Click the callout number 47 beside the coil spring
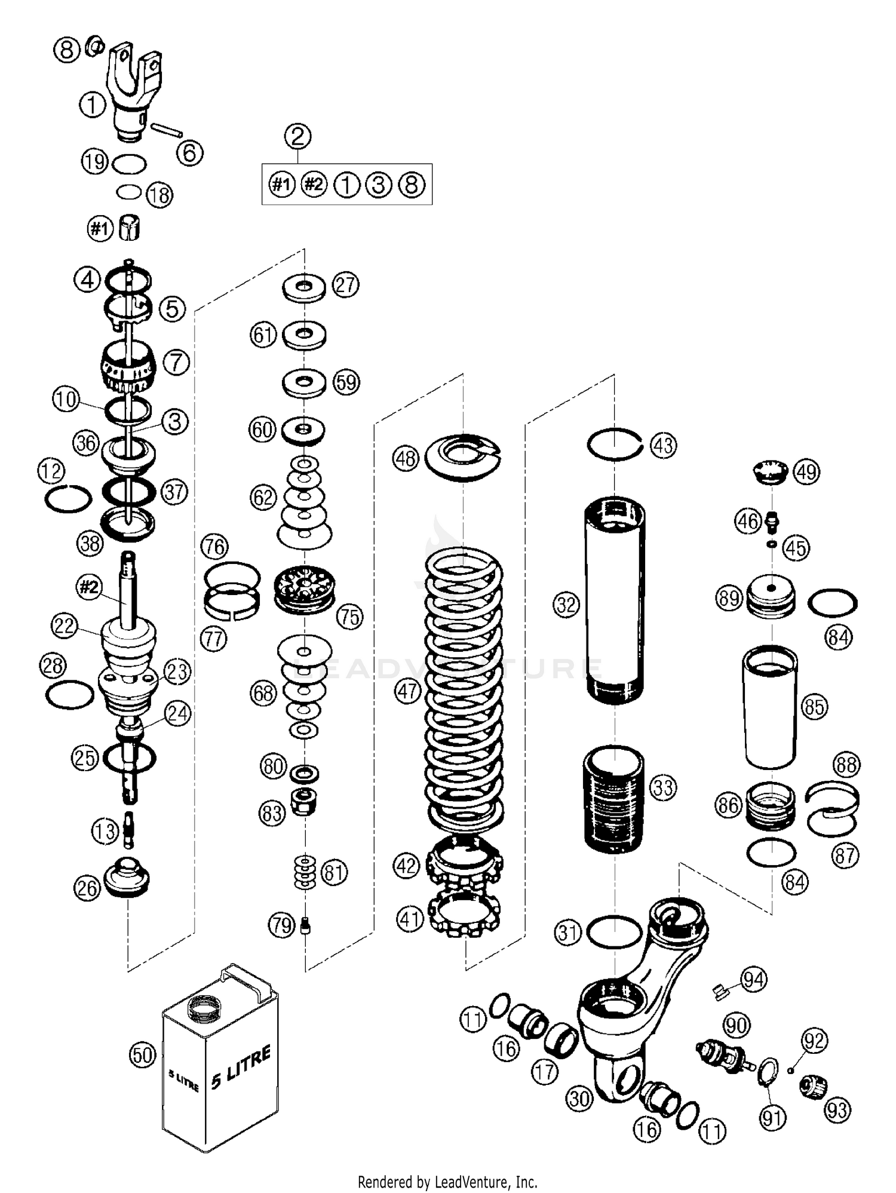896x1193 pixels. click(x=408, y=692)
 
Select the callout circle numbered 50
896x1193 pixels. click(x=143, y=1056)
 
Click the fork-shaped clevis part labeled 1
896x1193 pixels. click(x=134, y=90)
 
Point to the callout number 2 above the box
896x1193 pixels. click(x=297, y=136)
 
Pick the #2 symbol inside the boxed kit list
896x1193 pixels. click(x=314, y=184)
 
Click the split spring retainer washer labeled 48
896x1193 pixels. click(x=464, y=457)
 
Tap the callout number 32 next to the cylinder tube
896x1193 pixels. click(x=566, y=605)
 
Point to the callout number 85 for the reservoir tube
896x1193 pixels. click(x=814, y=707)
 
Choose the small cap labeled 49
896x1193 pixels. click(x=769, y=470)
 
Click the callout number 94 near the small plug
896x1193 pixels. click(x=754, y=980)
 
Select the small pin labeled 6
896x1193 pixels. click(x=167, y=130)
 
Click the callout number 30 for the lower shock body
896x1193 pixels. click(x=579, y=1098)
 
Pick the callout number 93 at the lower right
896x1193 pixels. click(x=837, y=1110)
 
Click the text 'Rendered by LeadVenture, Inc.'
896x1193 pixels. click(x=447, y=1182)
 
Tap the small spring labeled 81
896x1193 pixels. click(x=305, y=872)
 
